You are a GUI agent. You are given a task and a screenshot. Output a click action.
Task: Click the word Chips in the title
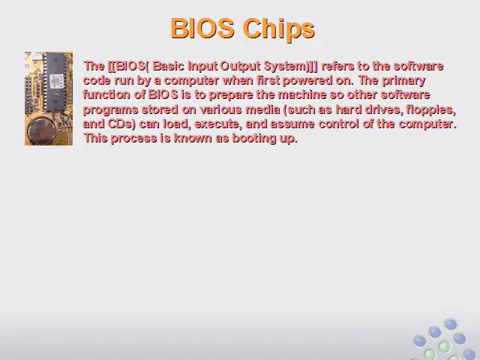point(279,28)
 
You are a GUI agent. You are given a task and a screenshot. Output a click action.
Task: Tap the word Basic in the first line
point(168,66)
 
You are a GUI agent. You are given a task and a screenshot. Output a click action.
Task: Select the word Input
point(202,67)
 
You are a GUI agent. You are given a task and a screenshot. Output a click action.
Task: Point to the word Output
point(240,67)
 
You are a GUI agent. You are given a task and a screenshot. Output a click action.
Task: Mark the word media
point(262,109)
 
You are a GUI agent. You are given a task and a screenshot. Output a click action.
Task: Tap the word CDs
point(121,124)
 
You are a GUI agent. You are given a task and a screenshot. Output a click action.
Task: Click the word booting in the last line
point(253,139)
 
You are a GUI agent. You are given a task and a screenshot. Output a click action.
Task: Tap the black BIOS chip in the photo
point(55,82)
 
